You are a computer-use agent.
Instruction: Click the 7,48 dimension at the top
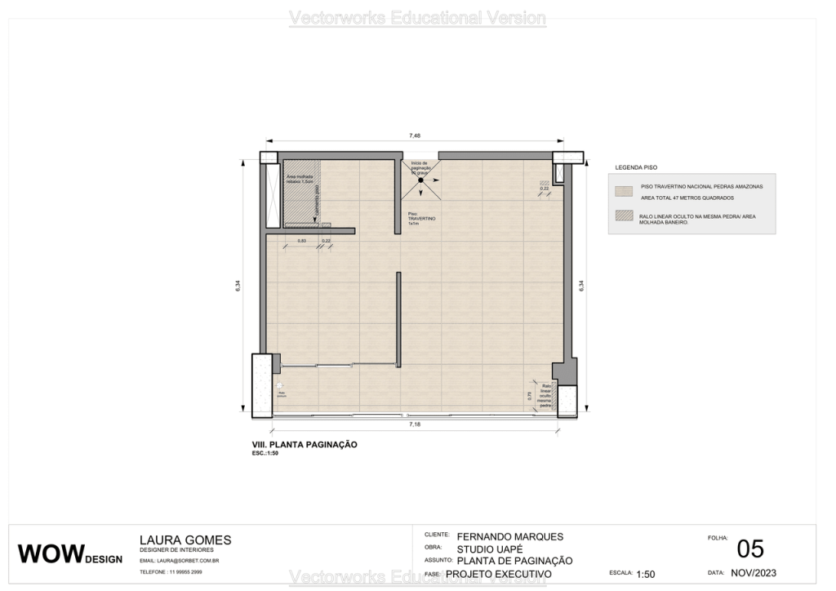click(415, 136)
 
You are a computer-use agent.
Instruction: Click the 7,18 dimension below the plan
click(415, 426)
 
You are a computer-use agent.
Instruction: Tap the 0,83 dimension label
click(301, 241)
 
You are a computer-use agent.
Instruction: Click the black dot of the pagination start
click(420, 180)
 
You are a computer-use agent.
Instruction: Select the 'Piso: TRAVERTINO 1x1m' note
click(423, 218)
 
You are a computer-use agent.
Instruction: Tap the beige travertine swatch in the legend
click(624, 191)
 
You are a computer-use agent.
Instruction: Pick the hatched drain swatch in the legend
click(624, 216)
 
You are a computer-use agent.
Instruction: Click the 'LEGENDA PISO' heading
click(636, 167)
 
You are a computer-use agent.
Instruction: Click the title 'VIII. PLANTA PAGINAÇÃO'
click(305, 445)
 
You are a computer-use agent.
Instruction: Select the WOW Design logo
click(70, 554)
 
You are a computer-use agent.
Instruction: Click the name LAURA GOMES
click(185, 540)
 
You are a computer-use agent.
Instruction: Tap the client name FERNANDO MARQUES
click(510, 537)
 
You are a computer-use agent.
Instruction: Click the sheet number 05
click(749, 549)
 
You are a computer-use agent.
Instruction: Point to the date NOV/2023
click(753, 573)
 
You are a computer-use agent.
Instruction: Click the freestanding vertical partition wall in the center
click(398, 319)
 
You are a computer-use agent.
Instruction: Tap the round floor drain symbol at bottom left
click(279, 384)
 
